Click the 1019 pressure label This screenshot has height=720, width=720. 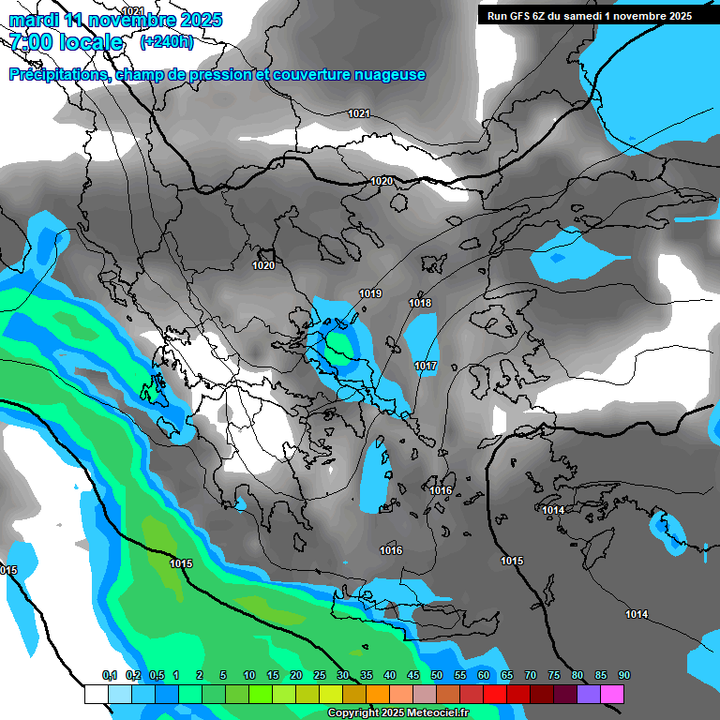pos(370,294)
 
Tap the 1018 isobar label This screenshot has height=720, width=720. pos(420,303)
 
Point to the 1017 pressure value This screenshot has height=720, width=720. pos(426,366)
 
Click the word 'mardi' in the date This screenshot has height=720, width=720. pos(35,20)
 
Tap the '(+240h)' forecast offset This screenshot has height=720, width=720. pos(166,42)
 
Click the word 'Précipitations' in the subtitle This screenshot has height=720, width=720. pos(58,75)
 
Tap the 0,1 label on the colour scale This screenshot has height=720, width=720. pos(109,676)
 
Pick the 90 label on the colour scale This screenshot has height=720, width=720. pos(624,676)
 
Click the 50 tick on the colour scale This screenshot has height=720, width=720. pos(437,676)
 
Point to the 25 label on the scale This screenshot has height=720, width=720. pos(320,676)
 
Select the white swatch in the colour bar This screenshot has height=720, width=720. pos(96,694)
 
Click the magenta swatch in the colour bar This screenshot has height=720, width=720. pos(612,694)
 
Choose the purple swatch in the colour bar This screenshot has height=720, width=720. pos(589,694)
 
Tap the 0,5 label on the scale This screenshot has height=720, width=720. pos(156,676)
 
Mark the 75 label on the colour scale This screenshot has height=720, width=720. pos(554,676)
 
